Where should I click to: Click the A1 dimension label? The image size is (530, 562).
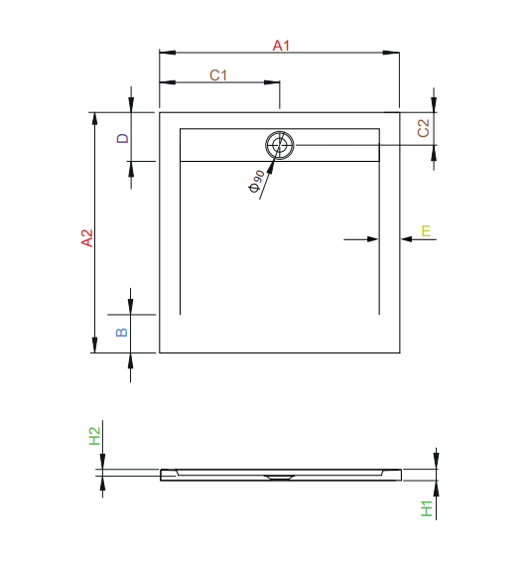click(280, 45)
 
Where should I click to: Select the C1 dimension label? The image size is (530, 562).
click(218, 75)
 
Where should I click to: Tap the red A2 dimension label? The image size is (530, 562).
click(87, 238)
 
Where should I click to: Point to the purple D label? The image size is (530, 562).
click(123, 138)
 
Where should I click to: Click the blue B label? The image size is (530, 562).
click(123, 332)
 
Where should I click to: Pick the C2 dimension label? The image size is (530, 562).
click(423, 127)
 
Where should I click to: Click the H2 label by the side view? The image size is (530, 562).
click(95, 435)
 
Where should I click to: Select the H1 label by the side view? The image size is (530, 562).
click(426, 508)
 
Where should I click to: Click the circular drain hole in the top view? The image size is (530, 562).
click(280, 146)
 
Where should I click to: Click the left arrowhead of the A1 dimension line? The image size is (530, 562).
click(166, 53)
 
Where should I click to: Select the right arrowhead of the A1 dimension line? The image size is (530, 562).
click(392, 53)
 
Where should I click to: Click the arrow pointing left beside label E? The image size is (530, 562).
click(407, 238)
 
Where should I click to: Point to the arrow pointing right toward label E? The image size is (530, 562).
click(372, 238)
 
